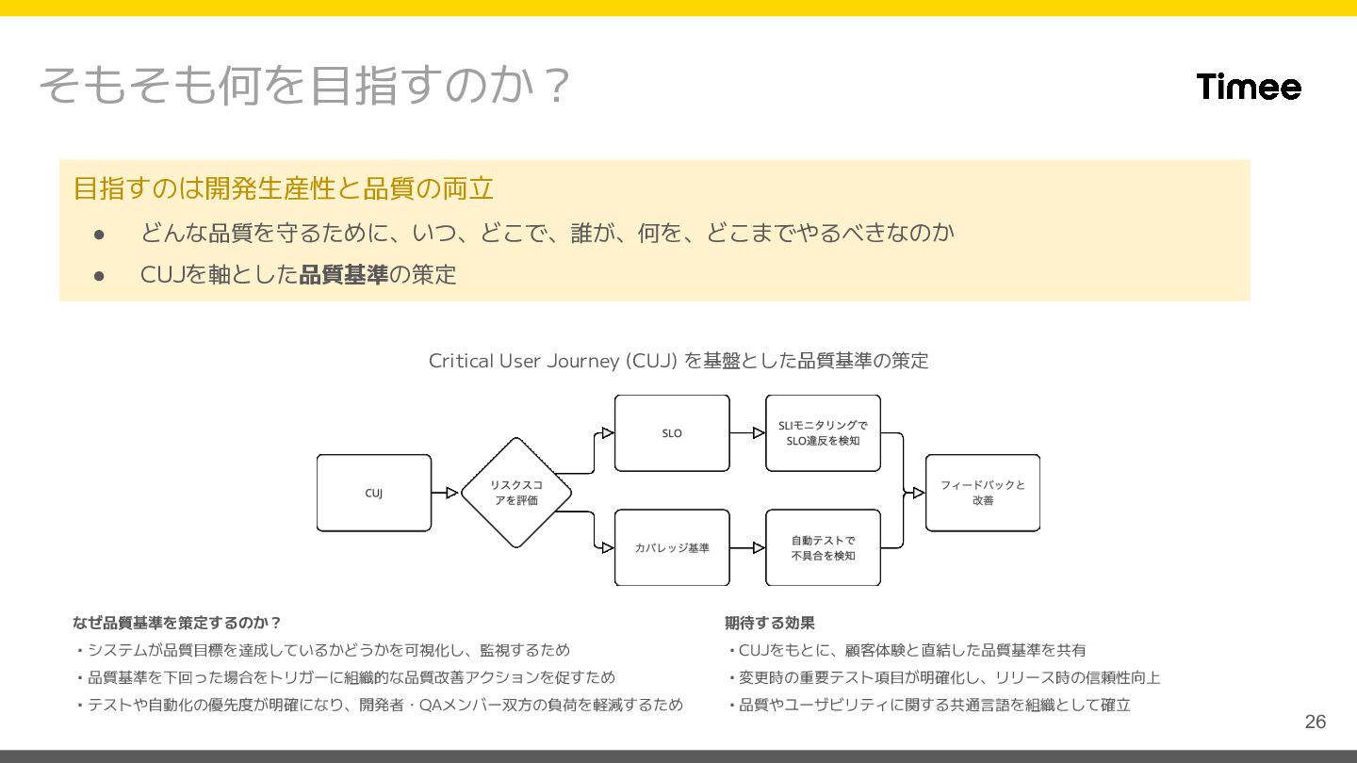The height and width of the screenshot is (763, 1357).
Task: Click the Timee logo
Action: click(x=1249, y=87)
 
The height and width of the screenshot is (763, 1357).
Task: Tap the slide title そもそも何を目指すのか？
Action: click(x=305, y=86)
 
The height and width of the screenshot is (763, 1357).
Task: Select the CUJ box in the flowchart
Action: click(x=374, y=493)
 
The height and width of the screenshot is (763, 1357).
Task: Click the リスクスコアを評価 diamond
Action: click(x=515, y=493)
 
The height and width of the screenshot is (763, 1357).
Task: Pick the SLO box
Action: click(x=672, y=433)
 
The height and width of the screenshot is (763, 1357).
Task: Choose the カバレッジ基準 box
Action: click(x=672, y=547)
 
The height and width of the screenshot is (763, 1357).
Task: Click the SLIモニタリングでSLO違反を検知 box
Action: click(x=823, y=433)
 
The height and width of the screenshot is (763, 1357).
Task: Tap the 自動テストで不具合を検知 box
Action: click(x=823, y=547)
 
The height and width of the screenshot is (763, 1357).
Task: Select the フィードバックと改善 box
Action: click(x=983, y=493)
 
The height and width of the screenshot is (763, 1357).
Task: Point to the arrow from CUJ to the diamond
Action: click(x=445, y=493)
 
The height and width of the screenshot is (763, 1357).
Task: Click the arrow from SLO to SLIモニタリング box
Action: click(x=747, y=433)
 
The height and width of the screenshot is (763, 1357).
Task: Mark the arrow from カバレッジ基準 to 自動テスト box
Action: click(x=747, y=547)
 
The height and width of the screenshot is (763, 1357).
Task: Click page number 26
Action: click(x=1315, y=722)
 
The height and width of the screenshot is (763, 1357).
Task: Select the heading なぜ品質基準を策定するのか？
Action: click(x=177, y=623)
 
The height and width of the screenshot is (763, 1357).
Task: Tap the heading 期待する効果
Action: click(x=770, y=623)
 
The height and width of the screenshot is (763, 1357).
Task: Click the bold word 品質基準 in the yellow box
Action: click(x=343, y=275)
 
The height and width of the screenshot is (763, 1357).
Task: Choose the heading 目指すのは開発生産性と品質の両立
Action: click(x=284, y=188)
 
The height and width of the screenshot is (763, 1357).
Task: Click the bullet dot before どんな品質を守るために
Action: click(x=99, y=232)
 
